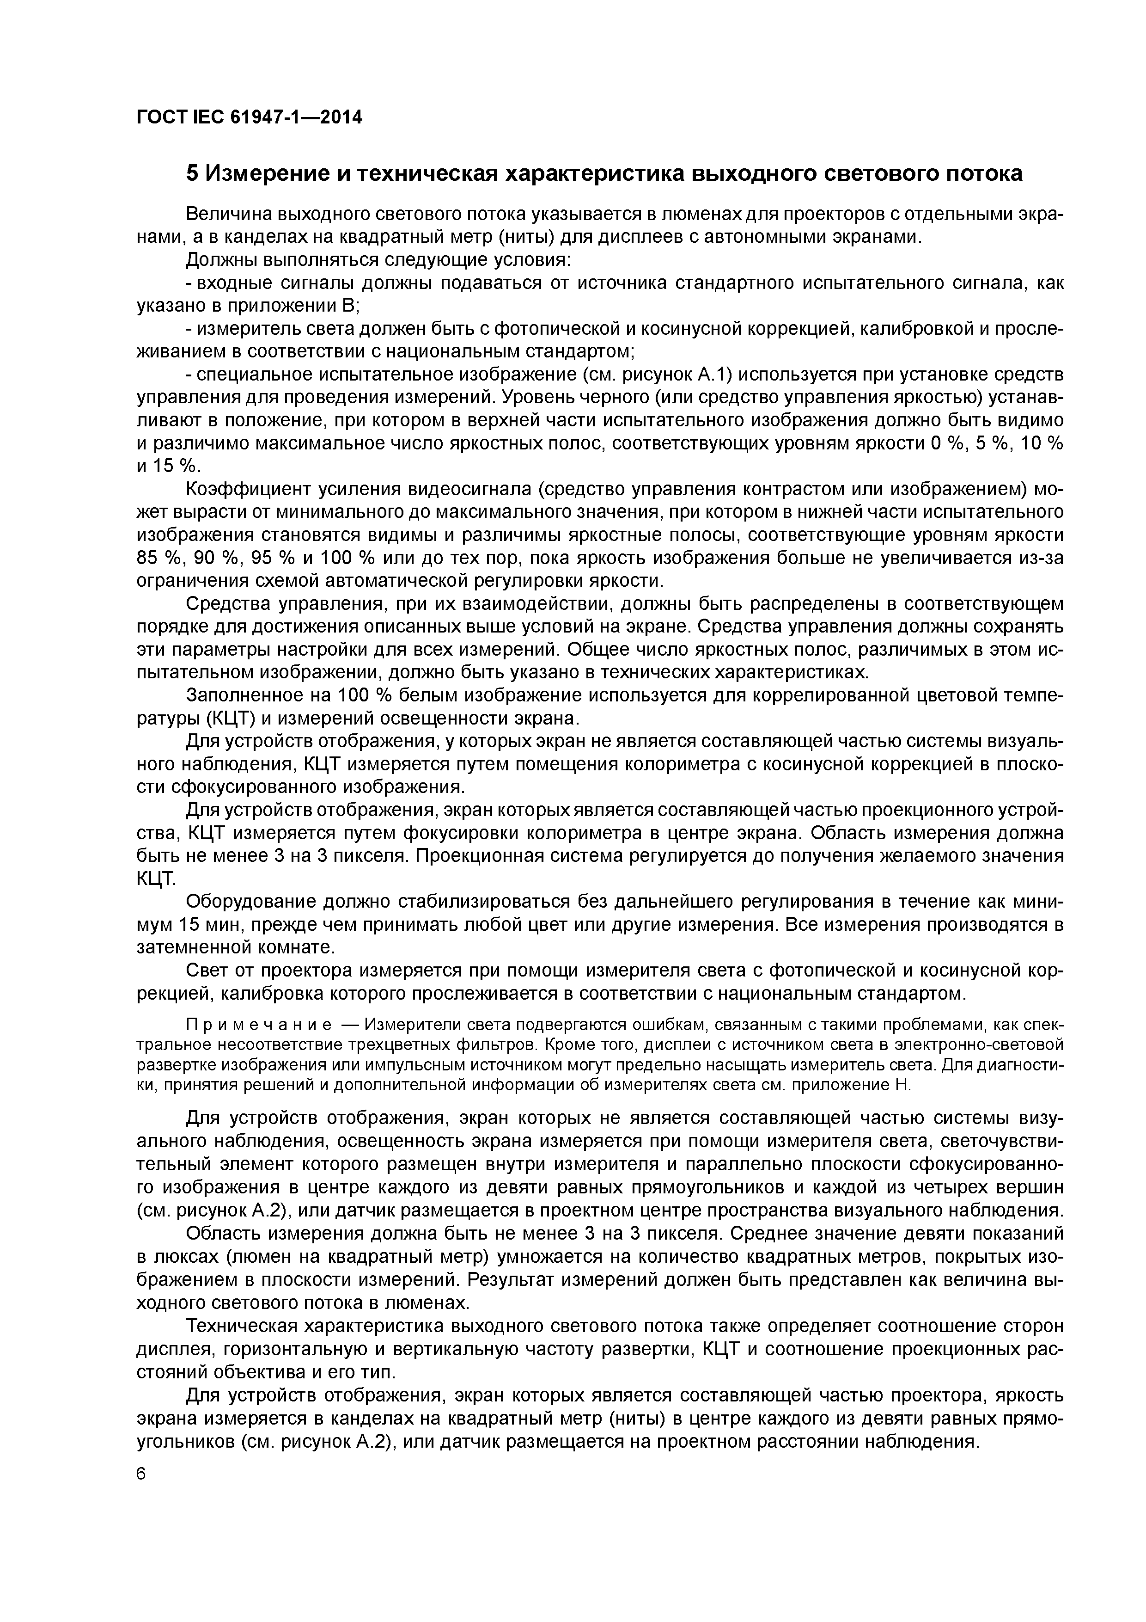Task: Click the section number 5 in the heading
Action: (x=191, y=173)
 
